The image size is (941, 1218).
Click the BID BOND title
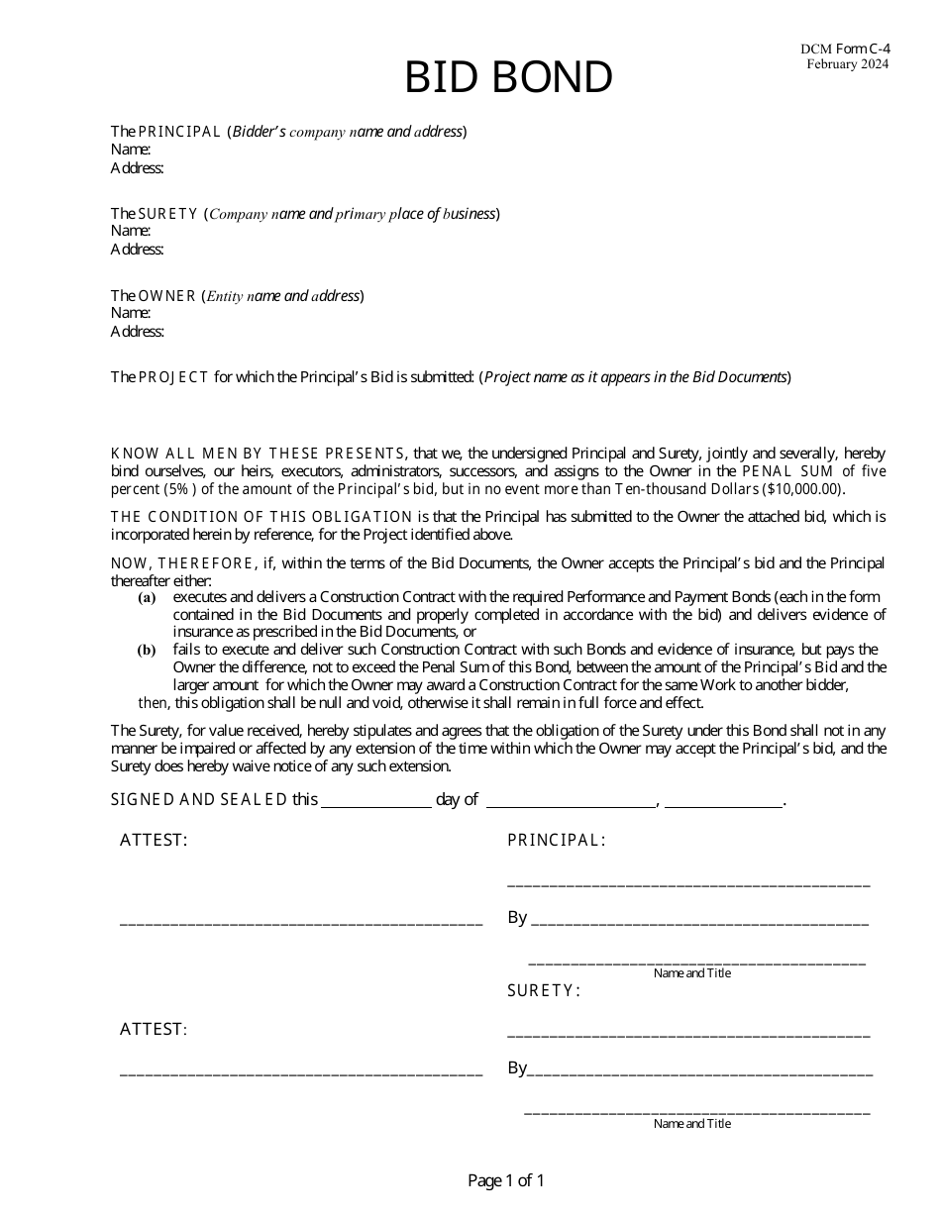508,78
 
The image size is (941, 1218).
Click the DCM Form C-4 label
844,49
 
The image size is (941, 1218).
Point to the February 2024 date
847,64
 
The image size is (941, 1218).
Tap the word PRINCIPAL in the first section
179,132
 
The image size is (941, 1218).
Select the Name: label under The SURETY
131,231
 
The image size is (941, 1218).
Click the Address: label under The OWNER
137,332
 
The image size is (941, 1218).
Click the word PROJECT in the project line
173,377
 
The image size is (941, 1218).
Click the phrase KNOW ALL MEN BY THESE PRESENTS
258,454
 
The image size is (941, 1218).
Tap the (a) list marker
147,598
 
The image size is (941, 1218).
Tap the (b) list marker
147,651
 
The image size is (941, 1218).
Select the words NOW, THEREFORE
181,563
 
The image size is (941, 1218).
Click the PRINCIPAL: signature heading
556,841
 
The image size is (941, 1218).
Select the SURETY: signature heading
543,990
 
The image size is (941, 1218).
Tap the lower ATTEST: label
154,1029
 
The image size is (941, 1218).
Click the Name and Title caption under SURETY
692,1124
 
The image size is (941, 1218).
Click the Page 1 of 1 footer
506,1180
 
